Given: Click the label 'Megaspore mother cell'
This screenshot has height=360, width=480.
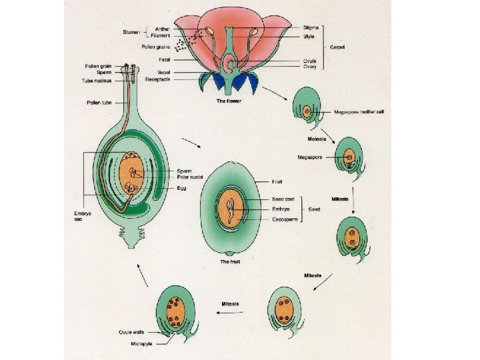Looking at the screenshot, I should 359,112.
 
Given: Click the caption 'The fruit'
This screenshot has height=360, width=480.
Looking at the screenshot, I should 229,262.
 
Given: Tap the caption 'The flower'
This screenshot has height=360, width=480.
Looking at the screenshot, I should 229,101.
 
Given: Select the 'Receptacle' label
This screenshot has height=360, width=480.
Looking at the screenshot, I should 157,79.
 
